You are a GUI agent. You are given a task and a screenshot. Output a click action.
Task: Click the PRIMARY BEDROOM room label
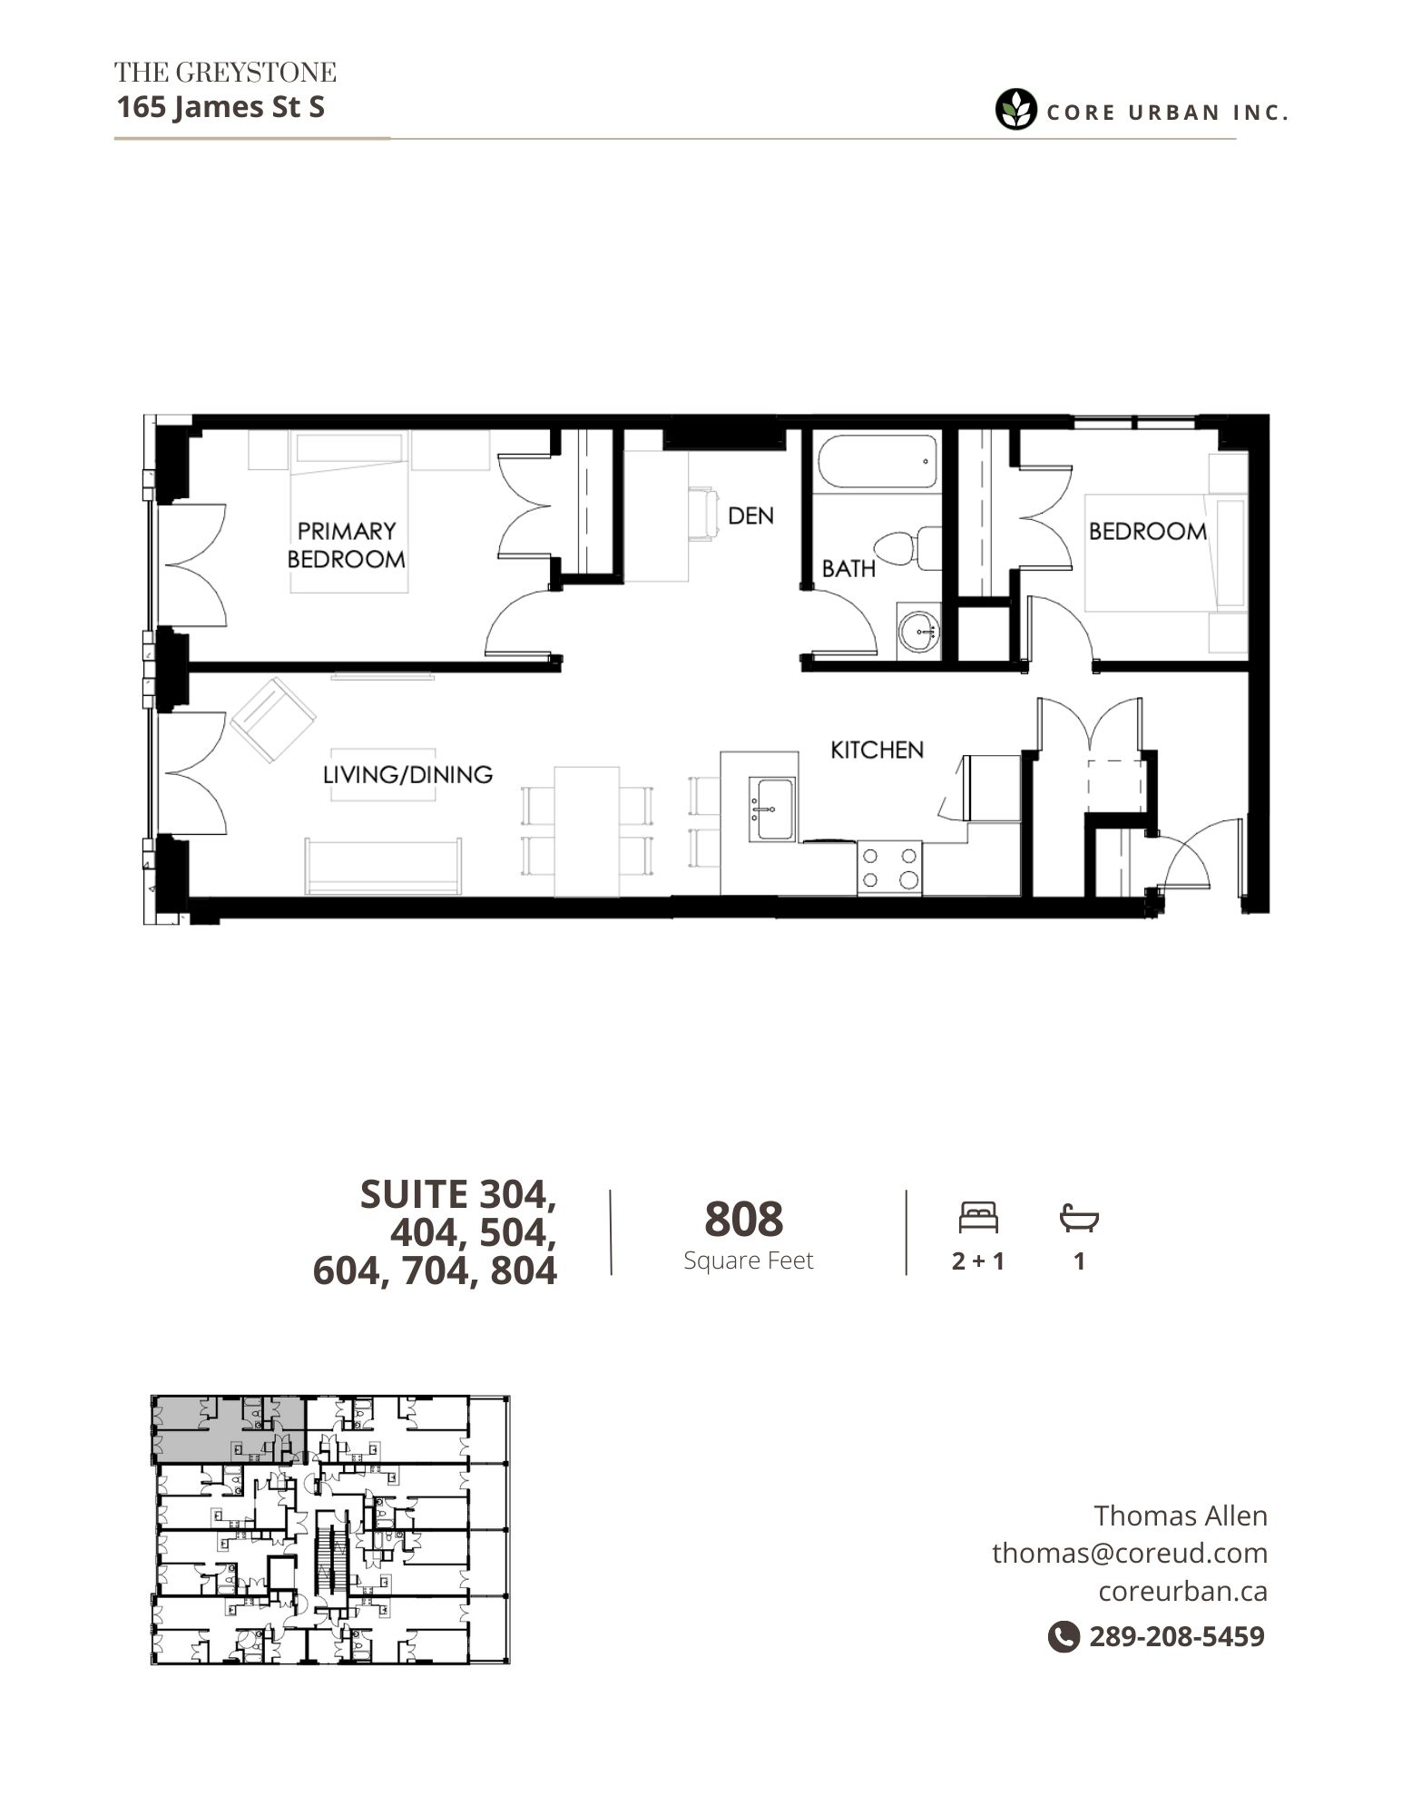[346, 544]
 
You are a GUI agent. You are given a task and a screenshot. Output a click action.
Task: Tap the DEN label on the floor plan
[750, 515]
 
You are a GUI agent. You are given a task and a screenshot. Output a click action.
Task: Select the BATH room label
[848, 568]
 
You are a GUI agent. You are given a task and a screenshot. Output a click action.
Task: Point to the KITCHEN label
[877, 750]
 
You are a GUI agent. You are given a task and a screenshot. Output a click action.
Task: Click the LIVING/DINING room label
[407, 774]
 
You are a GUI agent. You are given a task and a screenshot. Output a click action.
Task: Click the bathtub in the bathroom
[876, 463]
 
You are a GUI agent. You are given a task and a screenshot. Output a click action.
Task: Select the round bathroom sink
[921, 630]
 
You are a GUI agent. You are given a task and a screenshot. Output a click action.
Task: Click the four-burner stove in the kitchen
[889, 868]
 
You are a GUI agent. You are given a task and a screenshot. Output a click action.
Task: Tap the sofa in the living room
[383, 867]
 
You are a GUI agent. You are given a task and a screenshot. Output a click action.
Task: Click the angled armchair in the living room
[273, 720]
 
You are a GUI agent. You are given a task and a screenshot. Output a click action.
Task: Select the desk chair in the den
[703, 515]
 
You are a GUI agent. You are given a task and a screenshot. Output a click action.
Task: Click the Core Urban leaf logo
[1015, 111]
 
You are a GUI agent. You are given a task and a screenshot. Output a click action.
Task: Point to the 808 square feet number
[743, 1219]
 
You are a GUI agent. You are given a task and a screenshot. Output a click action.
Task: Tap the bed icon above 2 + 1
[978, 1217]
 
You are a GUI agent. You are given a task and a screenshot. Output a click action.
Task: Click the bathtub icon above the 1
[1079, 1218]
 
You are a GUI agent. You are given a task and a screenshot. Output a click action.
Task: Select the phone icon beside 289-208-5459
[1064, 1636]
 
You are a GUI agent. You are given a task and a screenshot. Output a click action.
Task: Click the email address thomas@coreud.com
[1130, 1553]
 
